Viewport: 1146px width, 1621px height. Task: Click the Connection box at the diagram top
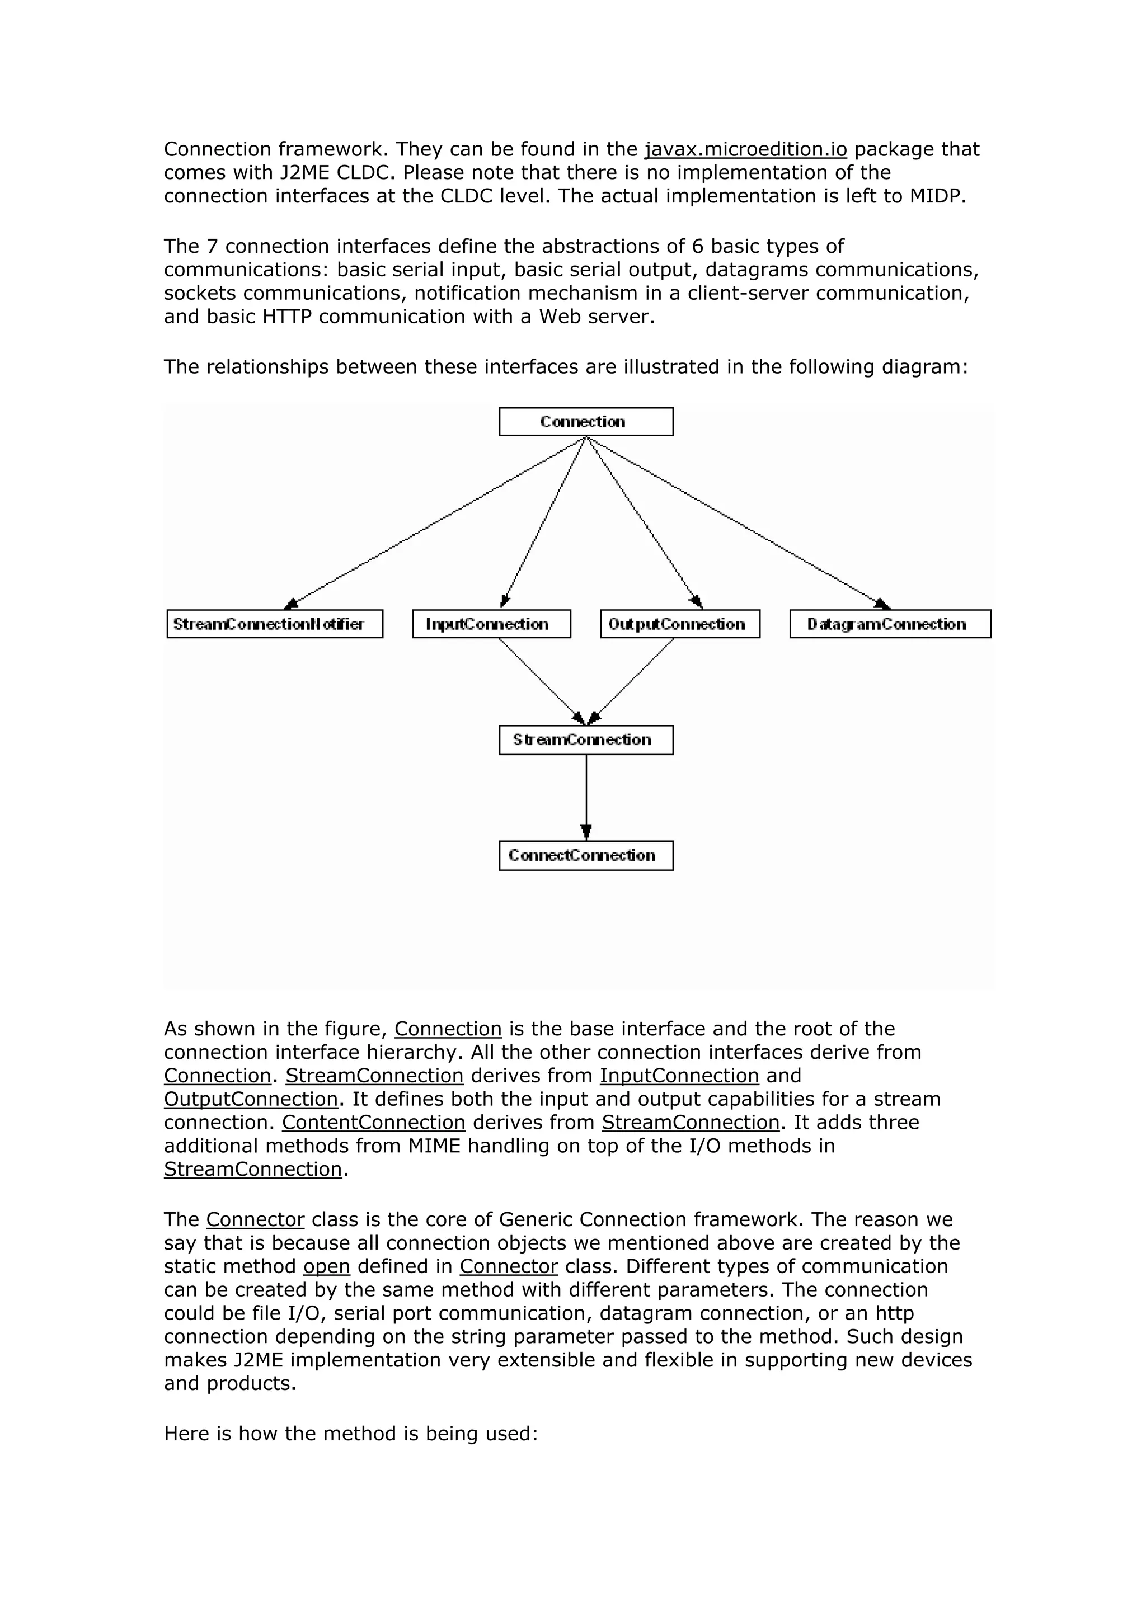pyautogui.click(x=585, y=422)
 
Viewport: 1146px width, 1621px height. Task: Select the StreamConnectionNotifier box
pyautogui.click(x=275, y=624)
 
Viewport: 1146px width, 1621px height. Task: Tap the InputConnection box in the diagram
pyautogui.click(x=491, y=624)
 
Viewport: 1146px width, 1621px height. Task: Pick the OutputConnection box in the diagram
pyautogui.click(x=680, y=624)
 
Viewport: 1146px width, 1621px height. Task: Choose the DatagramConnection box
pyautogui.click(x=890, y=624)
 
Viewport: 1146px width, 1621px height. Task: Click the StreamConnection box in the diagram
pyautogui.click(x=585, y=740)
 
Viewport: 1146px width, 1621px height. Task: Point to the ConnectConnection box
pyautogui.click(x=585, y=856)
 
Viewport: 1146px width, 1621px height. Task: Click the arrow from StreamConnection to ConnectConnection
pyautogui.click(x=586, y=798)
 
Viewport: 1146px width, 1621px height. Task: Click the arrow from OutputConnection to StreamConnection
pyautogui.click(x=632, y=681)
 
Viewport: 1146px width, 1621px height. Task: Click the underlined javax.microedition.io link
pyautogui.click(x=746, y=150)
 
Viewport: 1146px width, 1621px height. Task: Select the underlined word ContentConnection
pyautogui.click(x=374, y=1123)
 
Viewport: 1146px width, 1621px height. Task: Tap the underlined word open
pyautogui.click(x=327, y=1266)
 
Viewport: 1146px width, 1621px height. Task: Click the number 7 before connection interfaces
pyautogui.click(x=212, y=247)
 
